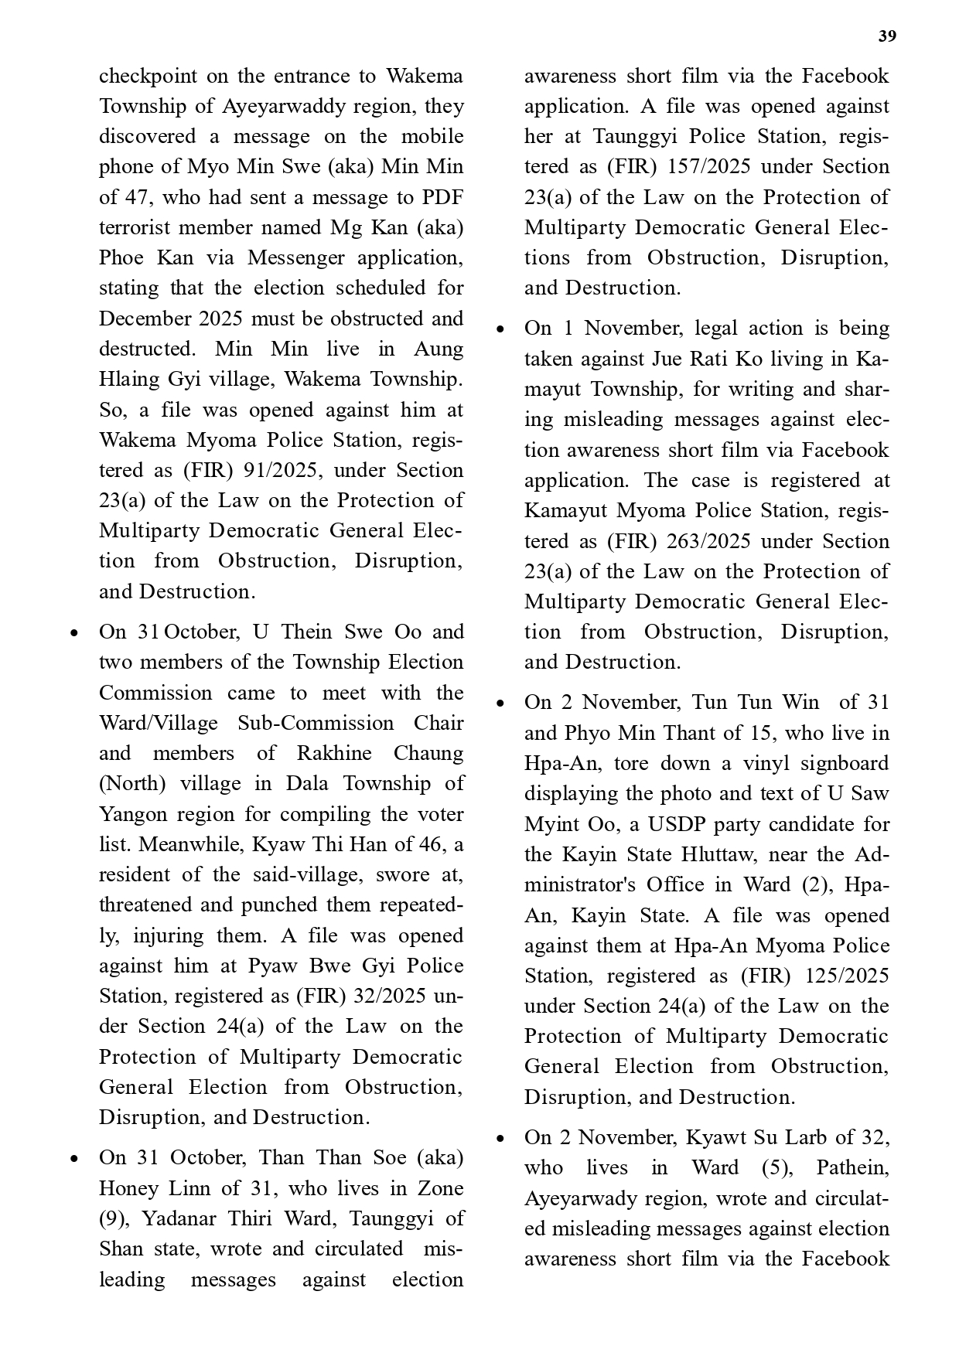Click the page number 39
coord(887,36)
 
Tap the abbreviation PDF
coord(442,197)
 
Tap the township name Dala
coord(307,783)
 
